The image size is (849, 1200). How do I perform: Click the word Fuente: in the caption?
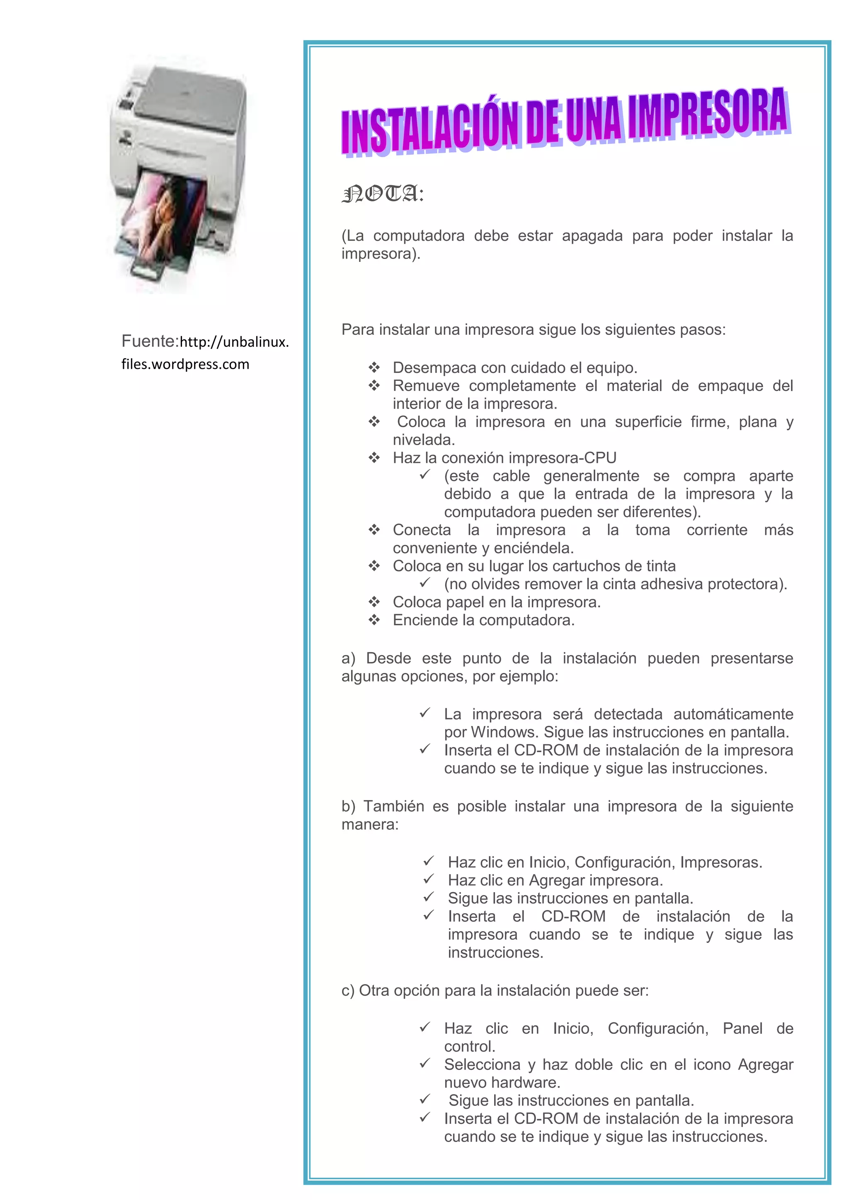pos(150,341)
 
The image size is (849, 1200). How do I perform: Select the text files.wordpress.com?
pos(185,364)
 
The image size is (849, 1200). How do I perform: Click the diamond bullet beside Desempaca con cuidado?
pos(374,368)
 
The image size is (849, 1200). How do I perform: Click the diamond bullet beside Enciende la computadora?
pos(374,620)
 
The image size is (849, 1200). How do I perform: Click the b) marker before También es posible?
pos(348,806)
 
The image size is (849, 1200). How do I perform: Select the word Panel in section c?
pos(742,1028)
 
